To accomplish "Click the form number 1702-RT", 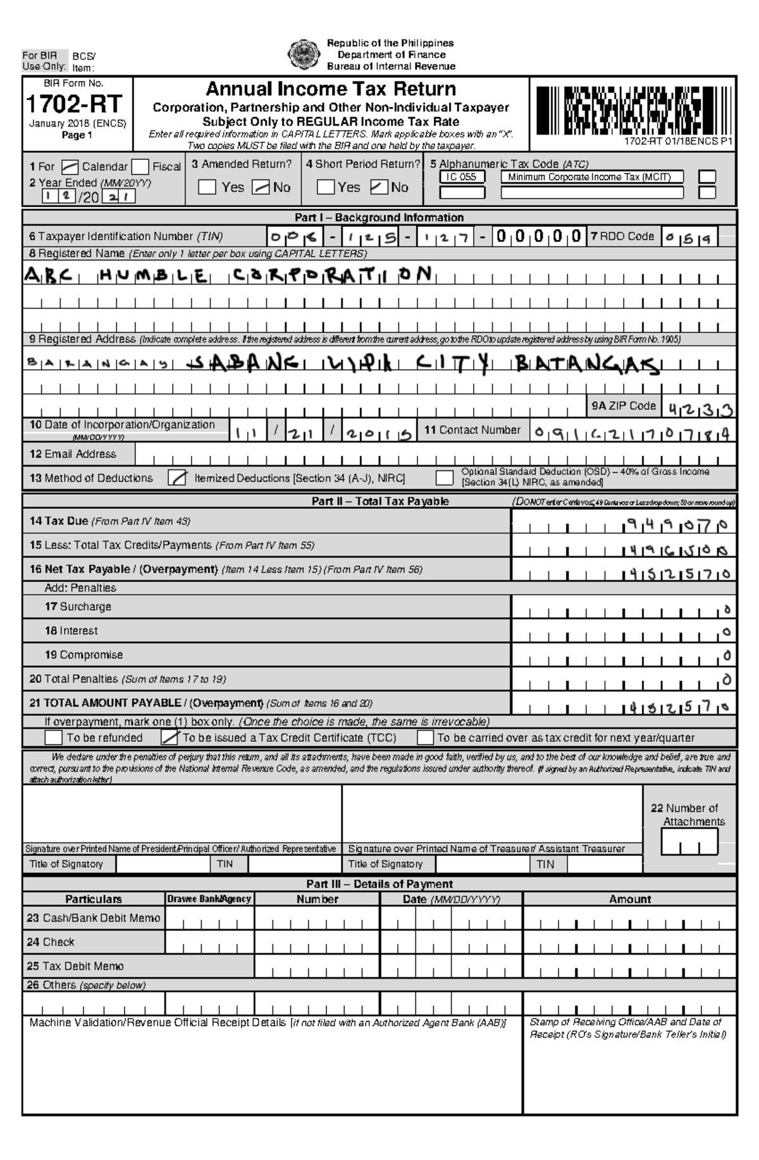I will tap(73, 104).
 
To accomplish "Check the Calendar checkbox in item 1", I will tap(70, 168).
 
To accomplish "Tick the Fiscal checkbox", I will tap(140, 168).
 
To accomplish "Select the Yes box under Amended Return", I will tap(207, 187).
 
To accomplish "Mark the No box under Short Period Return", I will tap(379, 187).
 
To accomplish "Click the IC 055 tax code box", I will tap(462, 177).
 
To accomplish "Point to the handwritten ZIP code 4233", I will tap(698, 410).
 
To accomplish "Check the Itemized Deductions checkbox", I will tap(177, 479).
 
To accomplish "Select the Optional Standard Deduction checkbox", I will tap(445, 478).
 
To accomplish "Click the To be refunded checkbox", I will tap(54, 738).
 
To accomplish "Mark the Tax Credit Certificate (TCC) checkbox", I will tap(170, 738).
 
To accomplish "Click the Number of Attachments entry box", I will tap(689, 842).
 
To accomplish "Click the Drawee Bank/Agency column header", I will tap(209, 899).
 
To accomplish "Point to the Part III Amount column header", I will tap(629, 899).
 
